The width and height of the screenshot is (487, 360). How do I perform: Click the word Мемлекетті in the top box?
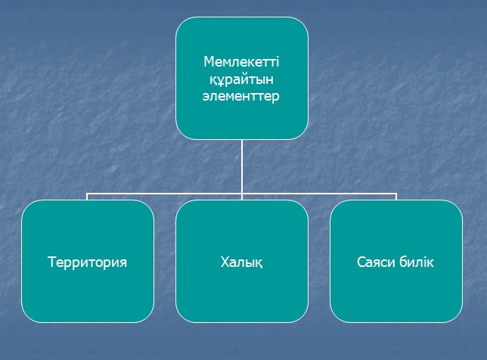(x=242, y=61)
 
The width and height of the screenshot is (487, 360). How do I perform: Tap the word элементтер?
(x=242, y=98)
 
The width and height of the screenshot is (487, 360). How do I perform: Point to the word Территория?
(x=88, y=262)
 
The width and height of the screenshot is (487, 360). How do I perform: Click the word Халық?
(x=242, y=263)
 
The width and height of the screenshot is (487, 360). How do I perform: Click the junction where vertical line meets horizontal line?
(x=242, y=194)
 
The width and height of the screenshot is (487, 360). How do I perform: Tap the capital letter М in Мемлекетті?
(x=208, y=61)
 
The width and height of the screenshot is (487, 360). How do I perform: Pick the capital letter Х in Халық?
(x=225, y=262)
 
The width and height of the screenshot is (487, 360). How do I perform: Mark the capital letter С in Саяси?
(x=359, y=262)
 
